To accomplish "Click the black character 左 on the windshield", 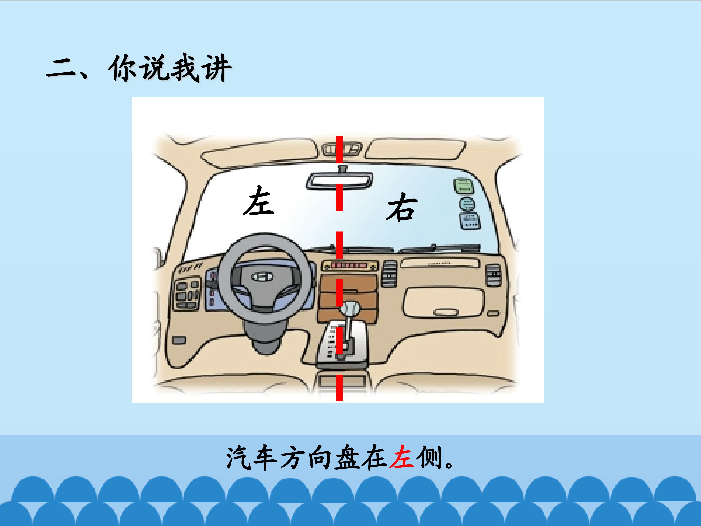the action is pos(258,200).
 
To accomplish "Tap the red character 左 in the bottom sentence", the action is pos(402,458).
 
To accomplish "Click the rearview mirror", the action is pos(339,181).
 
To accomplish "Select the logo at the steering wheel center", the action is pos(262,277).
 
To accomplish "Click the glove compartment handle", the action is pos(446,312).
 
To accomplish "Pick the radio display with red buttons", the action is pos(350,265).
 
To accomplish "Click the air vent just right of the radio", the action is pos(389,273).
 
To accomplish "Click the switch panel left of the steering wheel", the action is pos(187,293).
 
